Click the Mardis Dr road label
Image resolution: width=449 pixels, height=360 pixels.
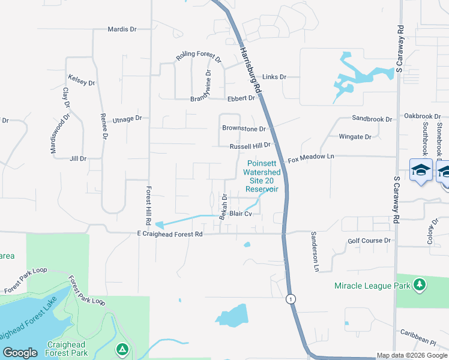click(x=122, y=29)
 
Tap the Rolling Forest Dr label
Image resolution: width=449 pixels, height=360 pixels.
click(x=198, y=58)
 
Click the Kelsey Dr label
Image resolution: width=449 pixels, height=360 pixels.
click(x=82, y=79)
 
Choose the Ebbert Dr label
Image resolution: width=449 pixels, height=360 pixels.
click(x=241, y=98)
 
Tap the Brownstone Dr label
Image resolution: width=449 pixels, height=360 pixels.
click(x=244, y=128)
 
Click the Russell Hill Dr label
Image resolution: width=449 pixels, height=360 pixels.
click(x=250, y=145)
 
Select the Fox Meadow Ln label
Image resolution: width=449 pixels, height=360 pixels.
click(x=310, y=159)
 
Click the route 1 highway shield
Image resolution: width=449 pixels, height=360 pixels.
click(x=291, y=299)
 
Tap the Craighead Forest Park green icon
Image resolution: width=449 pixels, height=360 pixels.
click(x=122, y=349)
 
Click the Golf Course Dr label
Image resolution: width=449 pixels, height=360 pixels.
click(x=369, y=241)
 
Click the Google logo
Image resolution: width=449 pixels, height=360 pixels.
click(x=20, y=353)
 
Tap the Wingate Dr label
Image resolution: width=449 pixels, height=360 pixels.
click(x=355, y=137)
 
